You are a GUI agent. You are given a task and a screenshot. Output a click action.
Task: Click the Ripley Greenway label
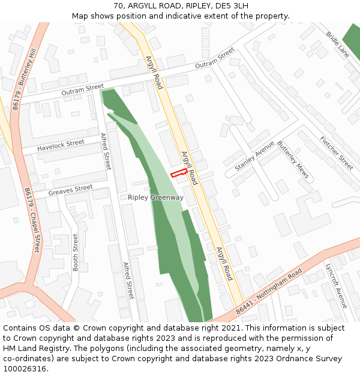155,197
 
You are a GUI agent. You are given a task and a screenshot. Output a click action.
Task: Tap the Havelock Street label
61,145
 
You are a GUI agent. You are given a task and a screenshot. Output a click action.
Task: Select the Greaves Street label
70,190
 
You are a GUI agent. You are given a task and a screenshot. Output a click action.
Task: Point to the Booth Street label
76,252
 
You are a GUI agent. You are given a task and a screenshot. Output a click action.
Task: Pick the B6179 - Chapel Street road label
32,220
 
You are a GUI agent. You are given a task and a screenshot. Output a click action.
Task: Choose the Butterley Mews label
293,160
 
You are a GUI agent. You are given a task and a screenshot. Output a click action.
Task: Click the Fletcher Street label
337,153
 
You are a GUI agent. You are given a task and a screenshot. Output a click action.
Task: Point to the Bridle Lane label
337,44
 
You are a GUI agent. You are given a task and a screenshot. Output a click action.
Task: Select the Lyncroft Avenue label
336,285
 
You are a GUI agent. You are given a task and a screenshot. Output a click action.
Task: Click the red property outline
178,173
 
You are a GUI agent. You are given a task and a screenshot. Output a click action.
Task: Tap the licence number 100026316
25,368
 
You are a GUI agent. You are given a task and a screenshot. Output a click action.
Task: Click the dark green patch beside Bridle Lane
352,42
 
